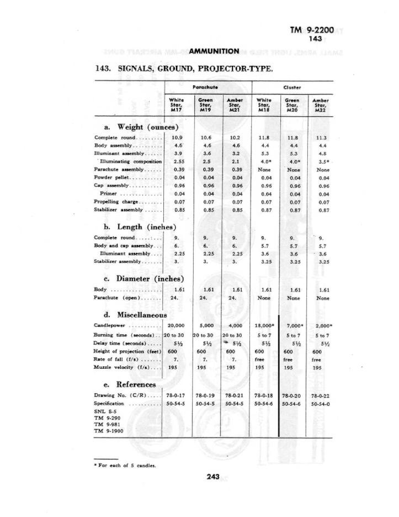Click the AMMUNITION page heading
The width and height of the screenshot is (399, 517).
[214, 51]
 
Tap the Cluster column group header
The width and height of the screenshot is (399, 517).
[291, 87]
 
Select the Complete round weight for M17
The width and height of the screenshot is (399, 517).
[177, 137]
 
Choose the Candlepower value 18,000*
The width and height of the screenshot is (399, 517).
[265, 325]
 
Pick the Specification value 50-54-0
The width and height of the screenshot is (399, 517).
[321, 404]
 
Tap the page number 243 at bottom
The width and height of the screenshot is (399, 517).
[214, 477]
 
